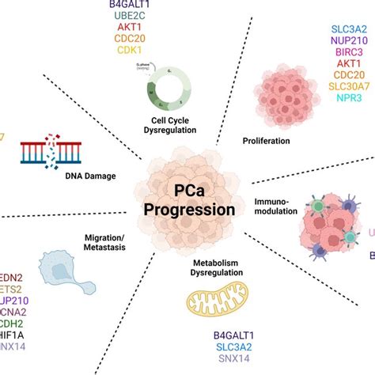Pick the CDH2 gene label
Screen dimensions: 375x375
(13, 322)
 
